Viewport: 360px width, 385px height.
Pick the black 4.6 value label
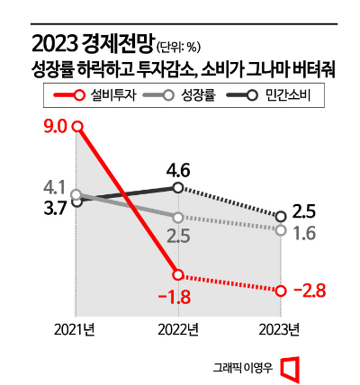pyautogui.click(x=176, y=168)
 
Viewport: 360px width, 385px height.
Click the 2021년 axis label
pyautogui.click(x=74, y=329)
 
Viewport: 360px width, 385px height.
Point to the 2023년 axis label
pyautogui.click(x=281, y=329)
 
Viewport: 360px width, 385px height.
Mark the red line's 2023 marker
pyautogui.click(x=282, y=290)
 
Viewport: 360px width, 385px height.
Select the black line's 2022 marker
pyautogui.click(x=178, y=187)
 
